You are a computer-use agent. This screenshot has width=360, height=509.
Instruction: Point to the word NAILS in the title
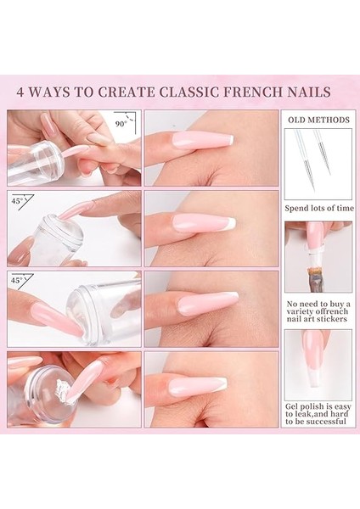pos(309,92)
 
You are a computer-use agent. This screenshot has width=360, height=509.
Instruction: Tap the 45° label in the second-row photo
pos(16,201)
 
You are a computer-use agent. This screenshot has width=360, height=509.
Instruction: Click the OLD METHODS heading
pos(318,120)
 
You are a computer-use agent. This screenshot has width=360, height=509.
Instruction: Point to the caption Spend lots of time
pos(318,207)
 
